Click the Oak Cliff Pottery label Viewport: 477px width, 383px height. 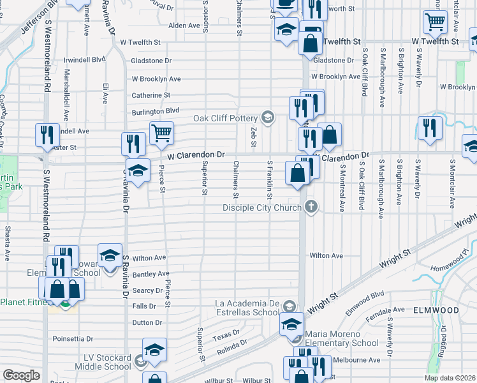(x=226, y=118)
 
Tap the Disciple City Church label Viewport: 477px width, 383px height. (x=263, y=207)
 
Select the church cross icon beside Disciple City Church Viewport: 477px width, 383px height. (x=311, y=206)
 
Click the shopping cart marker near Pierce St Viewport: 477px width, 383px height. (x=161, y=133)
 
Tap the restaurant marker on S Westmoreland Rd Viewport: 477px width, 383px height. (x=47, y=135)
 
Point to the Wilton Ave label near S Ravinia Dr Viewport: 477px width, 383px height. (x=149, y=258)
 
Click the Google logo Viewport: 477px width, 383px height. (x=21, y=375)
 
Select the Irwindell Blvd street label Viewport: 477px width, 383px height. (x=84, y=59)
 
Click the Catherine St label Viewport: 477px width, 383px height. (x=150, y=95)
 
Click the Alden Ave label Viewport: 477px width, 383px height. (x=184, y=26)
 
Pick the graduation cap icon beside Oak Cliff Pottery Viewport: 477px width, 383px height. (x=268, y=116)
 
